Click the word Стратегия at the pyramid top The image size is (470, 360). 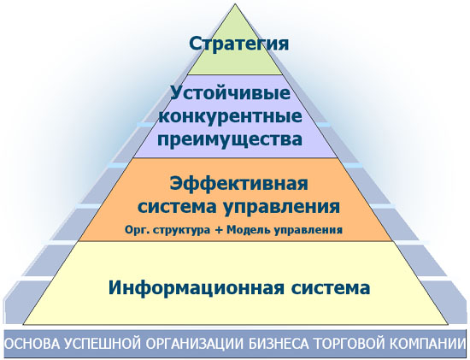pyautogui.click(x=238, y=44)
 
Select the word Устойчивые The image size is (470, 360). pyautogui.click(x=238, y=93)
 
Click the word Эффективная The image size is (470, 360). pyautogui.click(x=238, y=184)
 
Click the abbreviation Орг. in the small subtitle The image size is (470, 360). pyautogui.click(x=135, y=229)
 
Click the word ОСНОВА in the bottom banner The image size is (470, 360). pyautogui.click(x=32, y=345)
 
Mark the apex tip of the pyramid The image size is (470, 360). pyautogui.click(x=238, y=5)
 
